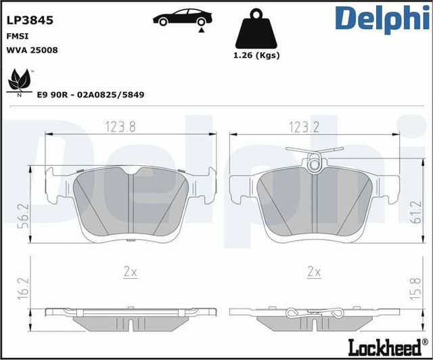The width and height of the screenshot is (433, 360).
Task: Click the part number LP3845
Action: [x=29, y=20]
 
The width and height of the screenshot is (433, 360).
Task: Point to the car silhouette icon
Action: [x=179, y=16]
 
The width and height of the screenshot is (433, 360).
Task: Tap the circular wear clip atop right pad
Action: [x=314, y=162]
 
